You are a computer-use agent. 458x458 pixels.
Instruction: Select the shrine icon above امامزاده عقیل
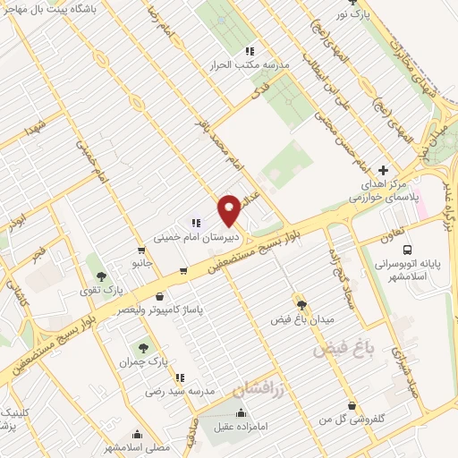241,413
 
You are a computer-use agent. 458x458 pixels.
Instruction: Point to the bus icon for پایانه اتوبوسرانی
407,229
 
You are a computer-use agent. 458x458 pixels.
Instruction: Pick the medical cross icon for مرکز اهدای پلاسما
384,169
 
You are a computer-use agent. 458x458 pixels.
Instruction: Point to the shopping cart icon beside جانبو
183,269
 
